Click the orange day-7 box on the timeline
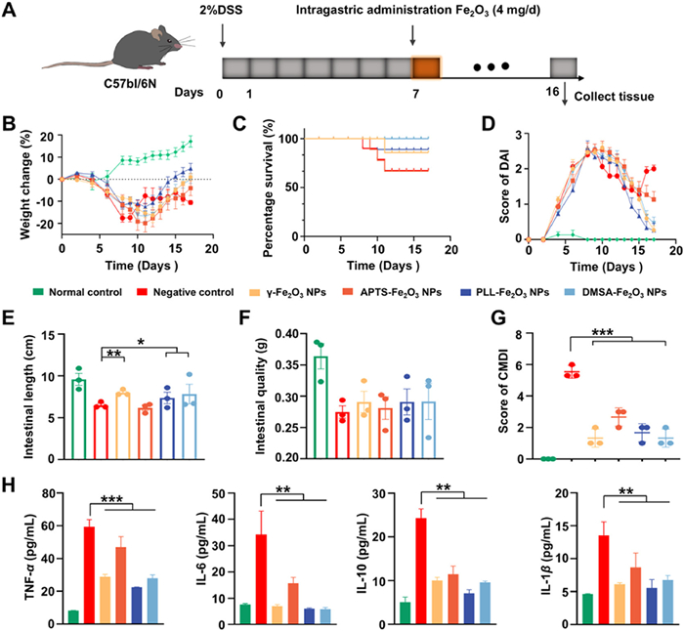coord(426,67)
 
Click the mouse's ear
coord(158,32)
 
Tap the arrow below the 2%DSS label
coord(223,35)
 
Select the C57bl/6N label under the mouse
coord(130,83)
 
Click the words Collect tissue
coord(614,97)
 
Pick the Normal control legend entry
coord(77,292)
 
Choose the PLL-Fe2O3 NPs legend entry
coord(505,292)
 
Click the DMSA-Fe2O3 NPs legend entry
coord(616,292)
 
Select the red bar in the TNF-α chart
coord(90,575)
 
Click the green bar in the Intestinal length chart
coord(78,419)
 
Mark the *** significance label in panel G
coord(603,333)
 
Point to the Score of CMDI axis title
coord(504,396)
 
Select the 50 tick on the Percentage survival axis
coord(293,188)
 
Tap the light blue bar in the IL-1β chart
coord(667,602)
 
